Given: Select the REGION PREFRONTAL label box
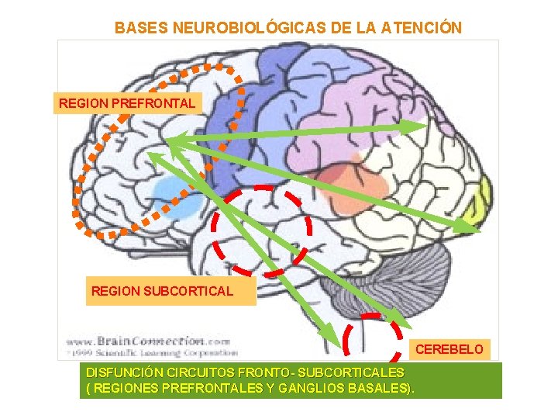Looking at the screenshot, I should (x=127, y=102).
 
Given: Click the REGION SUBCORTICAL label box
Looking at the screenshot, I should (x=162, y=292).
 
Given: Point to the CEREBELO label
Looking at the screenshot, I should (x=449, y=350).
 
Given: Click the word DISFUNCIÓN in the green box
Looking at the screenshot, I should (x=124, y=373).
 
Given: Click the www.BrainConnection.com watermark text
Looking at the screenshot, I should (x=147, y=341).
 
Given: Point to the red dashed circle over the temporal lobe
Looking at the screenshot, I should (x=262, y=230).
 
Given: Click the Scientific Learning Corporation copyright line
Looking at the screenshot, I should (x=147, y=351).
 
